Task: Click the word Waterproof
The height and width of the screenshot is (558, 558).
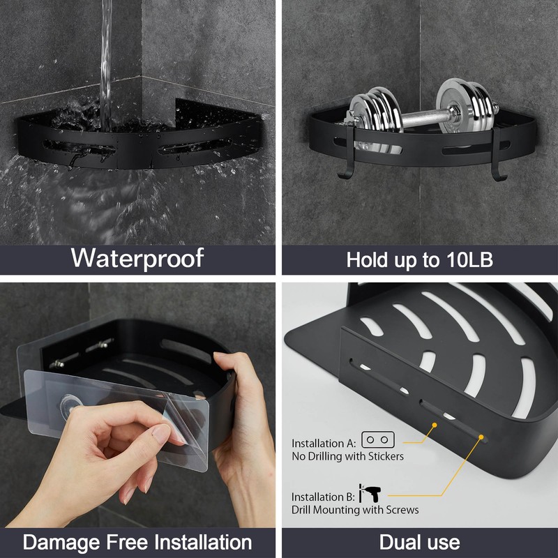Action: (x=137, y=257)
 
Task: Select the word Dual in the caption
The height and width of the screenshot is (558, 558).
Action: (x=400, y=542)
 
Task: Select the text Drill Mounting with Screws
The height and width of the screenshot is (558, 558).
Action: (x=355, y=510)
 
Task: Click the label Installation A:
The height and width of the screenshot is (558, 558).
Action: (x=324, y=443)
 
